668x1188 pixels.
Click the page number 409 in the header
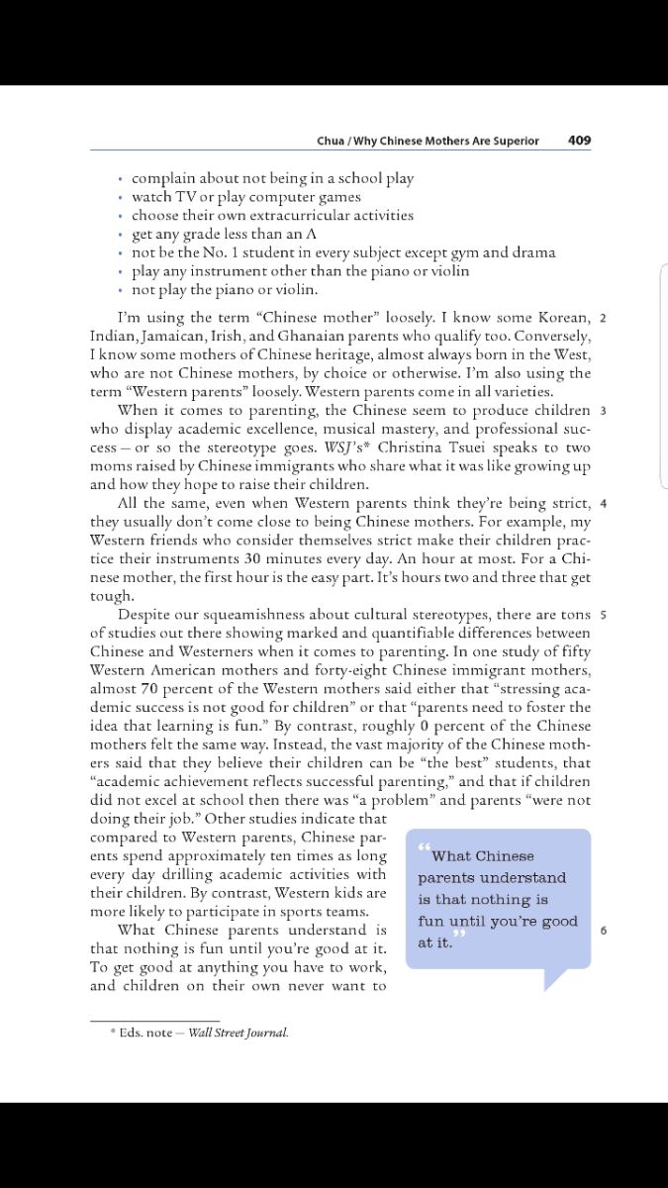click(579, 141)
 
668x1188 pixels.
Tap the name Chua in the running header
click(331, 141)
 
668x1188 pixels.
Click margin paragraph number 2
click(603, 318)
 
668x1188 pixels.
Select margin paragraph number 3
click(603, 410)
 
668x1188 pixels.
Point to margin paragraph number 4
click(603, 503)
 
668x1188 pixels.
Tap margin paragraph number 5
click(603, 615)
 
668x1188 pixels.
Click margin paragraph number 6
click(603, 931)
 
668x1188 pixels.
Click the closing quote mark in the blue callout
click(458, 936)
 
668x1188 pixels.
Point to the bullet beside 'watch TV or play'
click(120, 197)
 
